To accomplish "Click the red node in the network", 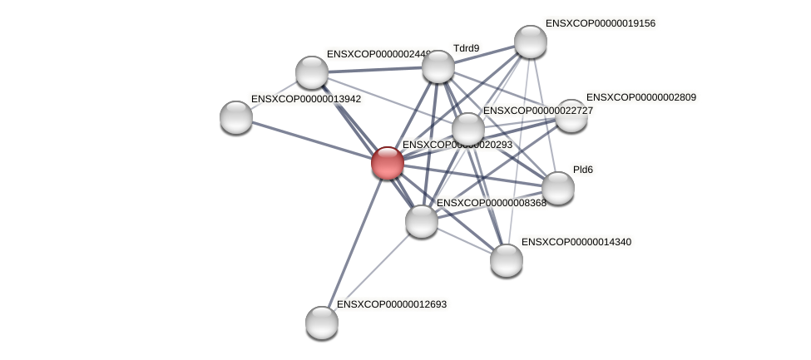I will tap(388, 163).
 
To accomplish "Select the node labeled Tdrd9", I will tap(438, 67).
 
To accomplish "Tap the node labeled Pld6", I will tap(558, 188).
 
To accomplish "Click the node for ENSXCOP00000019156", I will tap(531, 42).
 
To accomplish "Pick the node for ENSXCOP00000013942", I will tap(236, 117).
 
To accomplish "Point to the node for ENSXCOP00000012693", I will tap(322, 323).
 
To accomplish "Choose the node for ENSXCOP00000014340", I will tap(507, 260).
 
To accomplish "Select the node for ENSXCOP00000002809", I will tap(571, 116).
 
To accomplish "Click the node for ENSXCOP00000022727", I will tap(468, 129).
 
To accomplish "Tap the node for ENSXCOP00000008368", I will tap(422, 221).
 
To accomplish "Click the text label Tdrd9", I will tap(466, 48).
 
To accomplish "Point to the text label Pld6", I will tap(583, 170).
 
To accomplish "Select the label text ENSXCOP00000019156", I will tap(600, 23).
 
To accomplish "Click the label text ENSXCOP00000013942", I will tap(305, 99).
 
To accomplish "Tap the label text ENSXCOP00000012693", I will tap(391, 304).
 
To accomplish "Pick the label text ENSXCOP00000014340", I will tap(576, 242).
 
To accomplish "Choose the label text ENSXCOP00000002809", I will tap(640, 97).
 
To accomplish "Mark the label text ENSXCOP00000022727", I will tap(538, 111).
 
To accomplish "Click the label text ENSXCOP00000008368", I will tap(491, 203).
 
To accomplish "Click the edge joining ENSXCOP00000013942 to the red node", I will tap(312, 140).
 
